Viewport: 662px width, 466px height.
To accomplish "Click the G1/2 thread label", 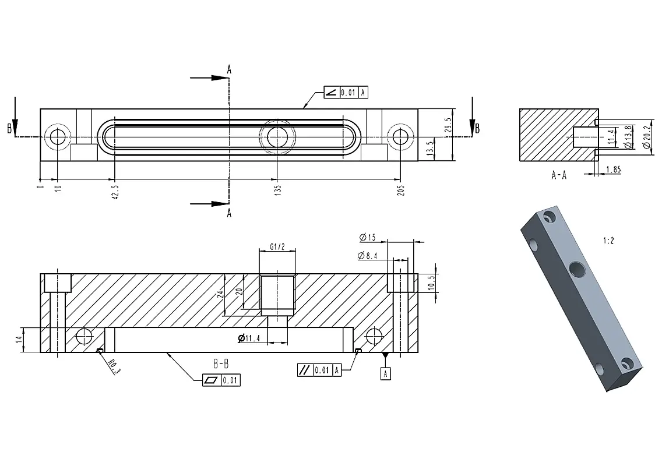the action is (277, 246).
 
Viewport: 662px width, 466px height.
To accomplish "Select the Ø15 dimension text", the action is (367, 237).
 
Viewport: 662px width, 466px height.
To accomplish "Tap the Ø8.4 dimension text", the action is (367, 255).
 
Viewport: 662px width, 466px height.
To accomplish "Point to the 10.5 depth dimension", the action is (431, 283).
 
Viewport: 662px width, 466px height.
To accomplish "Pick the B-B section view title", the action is (221, 363).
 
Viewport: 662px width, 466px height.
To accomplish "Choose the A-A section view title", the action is (559, 175).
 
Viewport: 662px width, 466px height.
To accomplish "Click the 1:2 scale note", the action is (608, 241).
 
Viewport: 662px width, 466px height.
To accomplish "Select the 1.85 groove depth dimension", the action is (614, 170).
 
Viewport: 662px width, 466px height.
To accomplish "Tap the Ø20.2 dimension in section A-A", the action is (647, 137).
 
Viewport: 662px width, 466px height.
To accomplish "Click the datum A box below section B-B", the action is (385, 373).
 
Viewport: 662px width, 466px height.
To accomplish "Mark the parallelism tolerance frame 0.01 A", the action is (319, 370).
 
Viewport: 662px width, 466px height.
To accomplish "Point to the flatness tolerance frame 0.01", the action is (221, 380).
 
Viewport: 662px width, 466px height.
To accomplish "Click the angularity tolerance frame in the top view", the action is (346, 93).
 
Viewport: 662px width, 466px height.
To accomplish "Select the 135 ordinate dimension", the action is (277, 190).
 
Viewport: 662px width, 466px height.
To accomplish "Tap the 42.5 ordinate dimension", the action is (115, 192).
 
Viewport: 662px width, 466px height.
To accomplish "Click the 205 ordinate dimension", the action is (401, 190).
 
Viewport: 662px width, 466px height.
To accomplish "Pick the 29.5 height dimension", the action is (448, 125).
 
